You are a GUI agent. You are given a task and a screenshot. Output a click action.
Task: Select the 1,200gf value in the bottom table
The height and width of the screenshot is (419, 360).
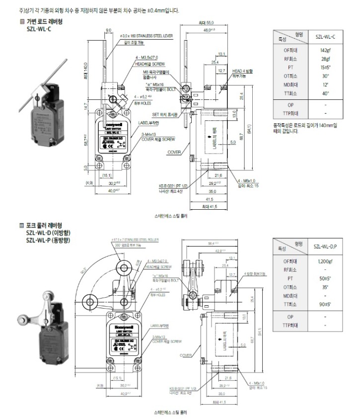[325, 261]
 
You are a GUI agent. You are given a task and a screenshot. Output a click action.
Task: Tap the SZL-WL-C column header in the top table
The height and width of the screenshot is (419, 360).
[325, 36]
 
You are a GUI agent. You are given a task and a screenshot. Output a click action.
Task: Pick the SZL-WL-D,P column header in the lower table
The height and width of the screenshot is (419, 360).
[325, 246]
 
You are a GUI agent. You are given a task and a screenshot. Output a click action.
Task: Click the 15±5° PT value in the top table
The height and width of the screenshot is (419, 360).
[325, 67]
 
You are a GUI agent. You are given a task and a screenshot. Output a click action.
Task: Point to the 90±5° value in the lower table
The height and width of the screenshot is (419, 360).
[325, 304]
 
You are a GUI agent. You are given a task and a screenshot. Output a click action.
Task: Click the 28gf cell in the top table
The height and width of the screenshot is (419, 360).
[325, 58]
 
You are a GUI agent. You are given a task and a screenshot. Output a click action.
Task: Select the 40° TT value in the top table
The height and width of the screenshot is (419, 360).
[325, 93]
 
